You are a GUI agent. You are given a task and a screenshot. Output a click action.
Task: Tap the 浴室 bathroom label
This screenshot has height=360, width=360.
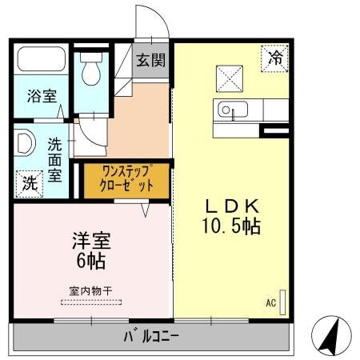42,97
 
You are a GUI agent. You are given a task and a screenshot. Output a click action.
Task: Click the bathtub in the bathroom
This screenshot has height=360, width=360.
42,61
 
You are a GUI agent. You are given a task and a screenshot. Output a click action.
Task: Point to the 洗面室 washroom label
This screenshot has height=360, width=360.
54,161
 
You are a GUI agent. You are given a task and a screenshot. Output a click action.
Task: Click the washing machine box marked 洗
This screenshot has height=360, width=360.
30,182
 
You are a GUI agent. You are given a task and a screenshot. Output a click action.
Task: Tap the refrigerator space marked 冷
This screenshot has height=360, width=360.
274,58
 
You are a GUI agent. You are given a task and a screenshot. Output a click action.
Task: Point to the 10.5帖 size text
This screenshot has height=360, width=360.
230,227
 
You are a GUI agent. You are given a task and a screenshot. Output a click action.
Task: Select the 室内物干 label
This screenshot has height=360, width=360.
90,290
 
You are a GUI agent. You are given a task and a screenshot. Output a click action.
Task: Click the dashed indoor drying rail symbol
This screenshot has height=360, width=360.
90,302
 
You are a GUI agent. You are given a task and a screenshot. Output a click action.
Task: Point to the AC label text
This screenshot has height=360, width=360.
270,303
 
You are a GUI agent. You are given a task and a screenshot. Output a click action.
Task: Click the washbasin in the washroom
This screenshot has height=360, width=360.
24,145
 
